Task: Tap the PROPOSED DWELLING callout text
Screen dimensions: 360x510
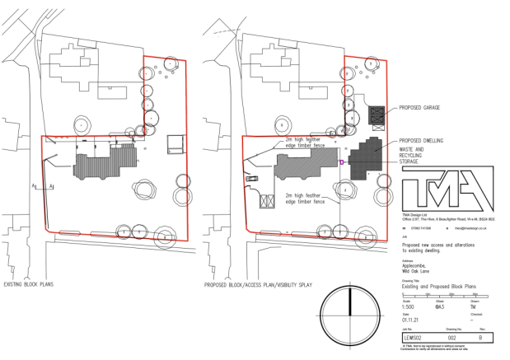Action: click(x=422, y=141)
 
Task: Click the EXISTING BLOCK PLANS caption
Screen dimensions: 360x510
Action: click(x=29, y=285)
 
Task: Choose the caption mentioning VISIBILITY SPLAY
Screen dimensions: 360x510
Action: click(x=255, y=285)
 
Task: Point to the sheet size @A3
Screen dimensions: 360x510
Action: click(x=439, y=306)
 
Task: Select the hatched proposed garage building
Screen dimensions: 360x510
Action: click(x=377, y=117)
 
